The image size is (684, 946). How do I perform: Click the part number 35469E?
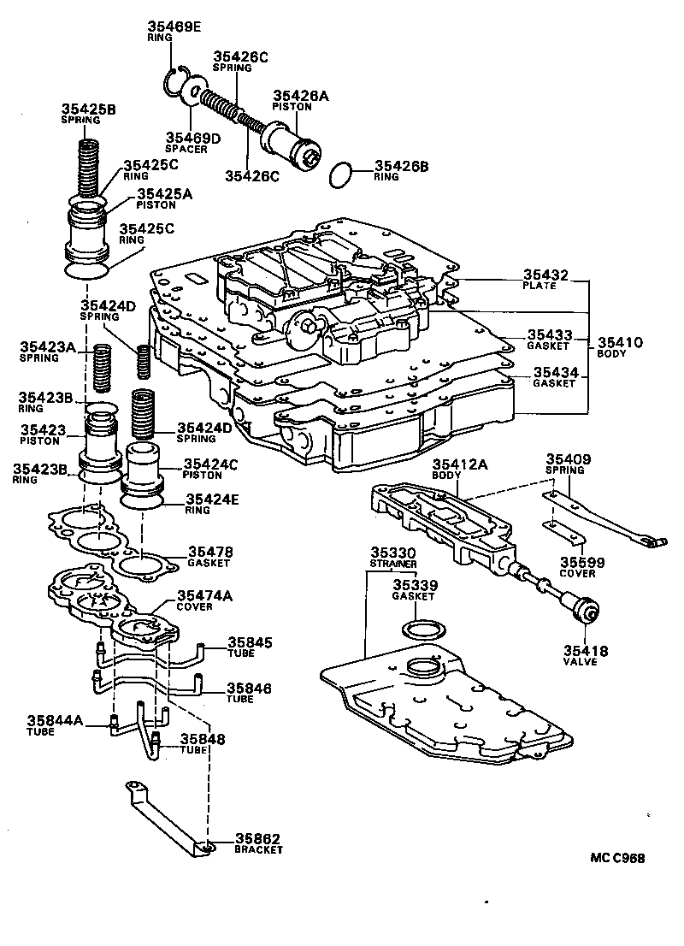(172, 27)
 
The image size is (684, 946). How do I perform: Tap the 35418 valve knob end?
(588, 613)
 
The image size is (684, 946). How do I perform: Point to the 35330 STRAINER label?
(392, 558)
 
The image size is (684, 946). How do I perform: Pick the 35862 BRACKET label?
(257, 843)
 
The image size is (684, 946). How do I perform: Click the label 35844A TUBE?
(54, 724)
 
